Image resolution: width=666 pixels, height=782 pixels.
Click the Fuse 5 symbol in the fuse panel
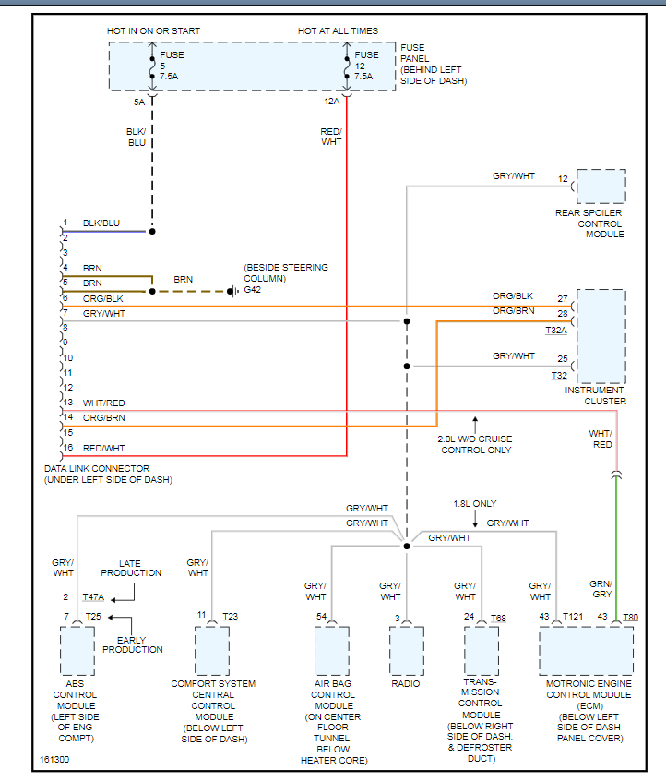point(152,66)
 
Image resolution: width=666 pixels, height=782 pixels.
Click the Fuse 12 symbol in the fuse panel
point(347,66)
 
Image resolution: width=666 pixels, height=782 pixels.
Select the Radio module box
point(406,651)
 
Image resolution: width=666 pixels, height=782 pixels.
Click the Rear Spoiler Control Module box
point(601,186)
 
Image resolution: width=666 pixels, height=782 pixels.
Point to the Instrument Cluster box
point(601,336)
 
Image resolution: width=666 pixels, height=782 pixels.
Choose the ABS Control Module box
point(77,651)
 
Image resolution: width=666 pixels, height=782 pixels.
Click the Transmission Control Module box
point(481,651)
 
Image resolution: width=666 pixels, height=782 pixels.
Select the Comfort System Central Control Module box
point(211,651)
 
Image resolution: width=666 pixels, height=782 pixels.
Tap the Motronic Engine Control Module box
point(586,651)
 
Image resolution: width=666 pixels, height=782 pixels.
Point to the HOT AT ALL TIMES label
point(338,31)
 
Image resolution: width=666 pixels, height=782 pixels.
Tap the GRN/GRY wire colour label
point(601,588)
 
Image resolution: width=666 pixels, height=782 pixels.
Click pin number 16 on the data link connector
point(66,447)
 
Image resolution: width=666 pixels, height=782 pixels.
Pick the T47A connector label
point(93,597)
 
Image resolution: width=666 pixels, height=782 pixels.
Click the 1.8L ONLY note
point(475,504)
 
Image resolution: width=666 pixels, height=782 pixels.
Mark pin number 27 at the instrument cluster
point(563,299)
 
